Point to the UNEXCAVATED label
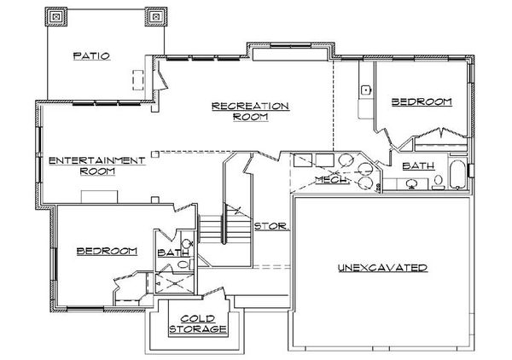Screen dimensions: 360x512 point(382,268)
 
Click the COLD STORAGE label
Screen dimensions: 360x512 point(196,322)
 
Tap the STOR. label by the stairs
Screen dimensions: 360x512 point(272,227)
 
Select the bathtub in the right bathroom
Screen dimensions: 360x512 point(457,172)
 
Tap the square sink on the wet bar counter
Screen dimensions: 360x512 point(365,89)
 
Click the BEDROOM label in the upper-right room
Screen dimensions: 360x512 point(420,102)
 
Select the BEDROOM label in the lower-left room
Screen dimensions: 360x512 point(107,251)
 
